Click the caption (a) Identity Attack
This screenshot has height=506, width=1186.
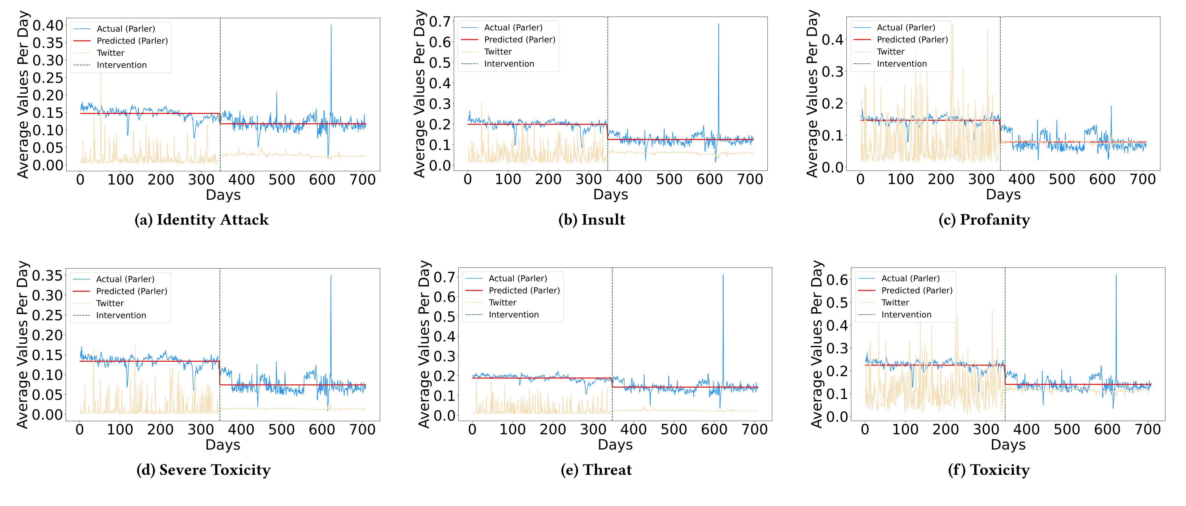201,220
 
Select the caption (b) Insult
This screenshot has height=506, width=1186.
592,220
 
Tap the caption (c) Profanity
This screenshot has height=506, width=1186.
984,220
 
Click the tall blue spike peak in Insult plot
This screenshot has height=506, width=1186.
718,24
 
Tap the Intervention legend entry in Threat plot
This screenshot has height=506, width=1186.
513,315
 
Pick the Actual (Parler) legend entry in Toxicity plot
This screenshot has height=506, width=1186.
910,278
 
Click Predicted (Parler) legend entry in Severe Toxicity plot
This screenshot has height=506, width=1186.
131,291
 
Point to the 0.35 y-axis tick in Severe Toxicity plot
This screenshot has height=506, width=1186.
47,276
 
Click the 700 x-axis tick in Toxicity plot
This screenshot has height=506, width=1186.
1148,430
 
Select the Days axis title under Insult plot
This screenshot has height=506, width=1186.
610,195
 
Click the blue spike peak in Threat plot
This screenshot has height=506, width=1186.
723,275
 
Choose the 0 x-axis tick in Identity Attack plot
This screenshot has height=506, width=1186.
80,179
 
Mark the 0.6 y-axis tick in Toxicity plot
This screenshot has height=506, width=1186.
837,280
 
